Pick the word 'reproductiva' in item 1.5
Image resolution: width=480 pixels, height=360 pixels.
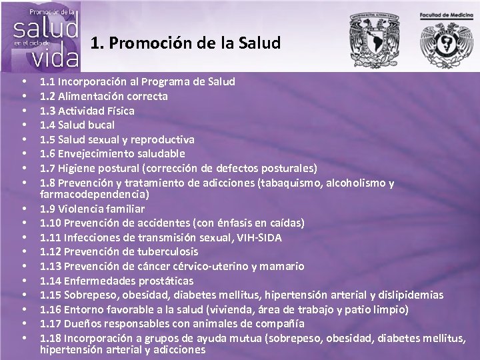(x=163, y=139)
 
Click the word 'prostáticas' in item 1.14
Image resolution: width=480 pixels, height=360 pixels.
(x=165, y=280)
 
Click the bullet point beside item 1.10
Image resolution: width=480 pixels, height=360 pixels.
(x=23, y=223)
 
